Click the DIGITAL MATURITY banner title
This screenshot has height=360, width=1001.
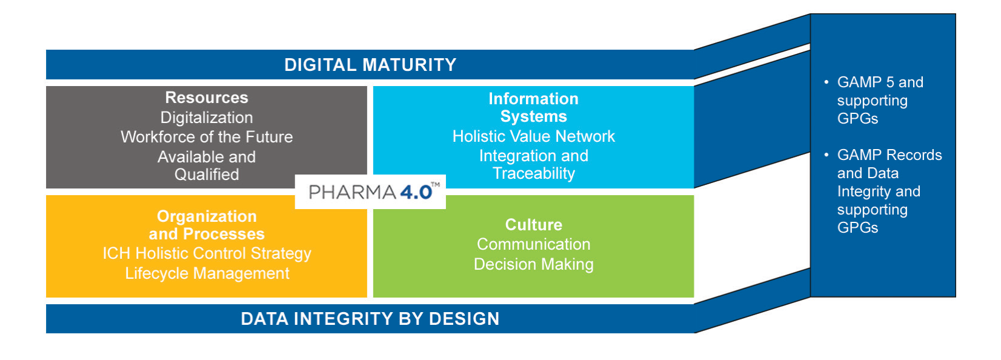pyautogui.click(x=370, y=65)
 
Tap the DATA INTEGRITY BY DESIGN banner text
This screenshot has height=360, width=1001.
pyautogui.click(x=370, y=319)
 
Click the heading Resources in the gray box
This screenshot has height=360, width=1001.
pyautogui.click(x=207, y=98)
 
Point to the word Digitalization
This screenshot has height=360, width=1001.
pyautogui.click(x=207, y=118)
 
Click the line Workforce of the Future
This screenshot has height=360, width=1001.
pyautogui.click(x=207, y=137)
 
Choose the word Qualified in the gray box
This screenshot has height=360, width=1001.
pyautogui.click(x=207, y=175)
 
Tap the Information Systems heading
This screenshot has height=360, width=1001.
pyautogui.click(x=534, y=107)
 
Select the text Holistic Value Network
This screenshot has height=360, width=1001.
pyautogui.click(x=534, y=136)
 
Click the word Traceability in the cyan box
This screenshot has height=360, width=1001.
pyautogui.click(x=534, y=173)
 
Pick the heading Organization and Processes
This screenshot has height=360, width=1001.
pyautogui.click(x=207, y=225)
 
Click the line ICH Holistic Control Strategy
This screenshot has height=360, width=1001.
pyautogui.click(x=207, y=253)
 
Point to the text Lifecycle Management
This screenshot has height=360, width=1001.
pyautogui.click(x=207, y=273)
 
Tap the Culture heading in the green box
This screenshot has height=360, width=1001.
pyautogui.click(x=534, y=224)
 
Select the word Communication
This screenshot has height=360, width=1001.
pyautogui.click(x=534, y=244)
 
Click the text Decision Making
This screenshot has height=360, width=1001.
pyautogui.click(x=534, y=264)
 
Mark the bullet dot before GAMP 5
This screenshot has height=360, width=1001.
pyautogui.click(x=826, y=82)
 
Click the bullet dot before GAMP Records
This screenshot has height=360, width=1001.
pyautogui.click(x=826, y=155)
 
